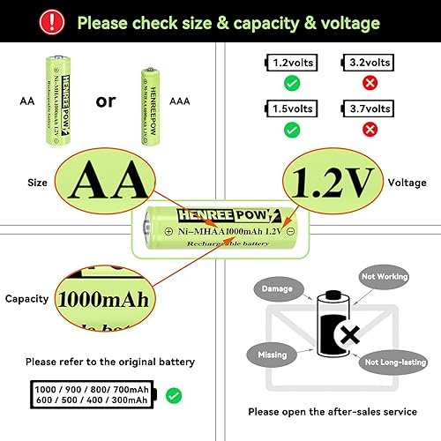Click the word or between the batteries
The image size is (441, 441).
[x=106, y=101]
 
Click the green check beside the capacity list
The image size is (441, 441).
[x=175, y=394]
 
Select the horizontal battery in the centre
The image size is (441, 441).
[x=220, y=229]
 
